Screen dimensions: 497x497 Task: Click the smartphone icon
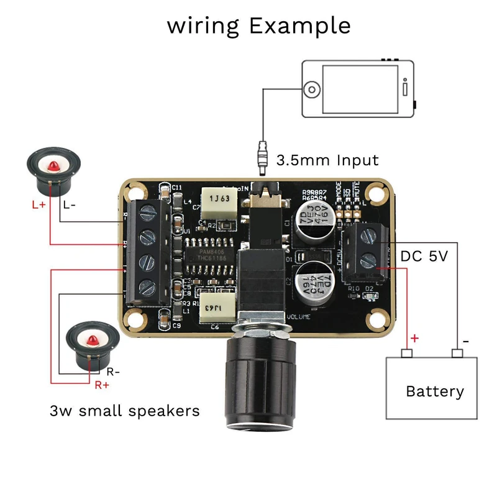pyautogui.click(x=357, y=89)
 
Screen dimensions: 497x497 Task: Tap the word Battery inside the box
pyautogui.click(x=434, y=391)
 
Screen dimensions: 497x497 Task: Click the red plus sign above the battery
pyautogui.click(x=414, y=339)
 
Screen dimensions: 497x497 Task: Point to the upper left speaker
pyautogui.click(x=52, y=168)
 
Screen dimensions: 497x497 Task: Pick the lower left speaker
pyautogui.click(x=91, y=344)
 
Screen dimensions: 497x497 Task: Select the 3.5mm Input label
pyautogui.click(x=326, y=160)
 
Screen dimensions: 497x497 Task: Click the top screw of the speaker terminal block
pyautogui.click(x=147, y=213)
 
